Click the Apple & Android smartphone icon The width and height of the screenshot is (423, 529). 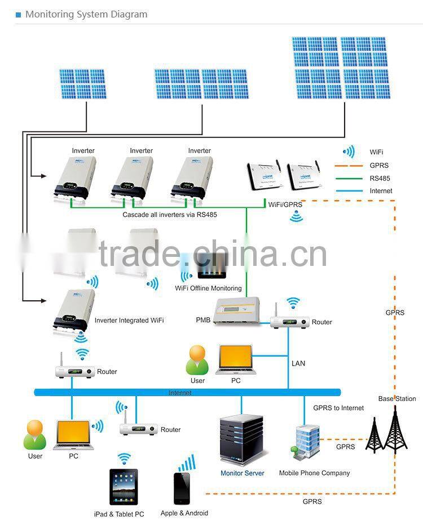182,488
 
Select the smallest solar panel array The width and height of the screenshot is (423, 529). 83,84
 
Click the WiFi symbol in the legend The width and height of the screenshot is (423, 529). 349,152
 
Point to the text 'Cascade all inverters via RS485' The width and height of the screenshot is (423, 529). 170,215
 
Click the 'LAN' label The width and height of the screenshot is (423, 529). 298,363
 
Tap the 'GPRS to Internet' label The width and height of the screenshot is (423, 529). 338,408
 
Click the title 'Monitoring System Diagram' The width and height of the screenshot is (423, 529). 86,14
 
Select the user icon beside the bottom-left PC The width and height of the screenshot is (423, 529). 34,435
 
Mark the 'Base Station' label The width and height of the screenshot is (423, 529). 397,399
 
